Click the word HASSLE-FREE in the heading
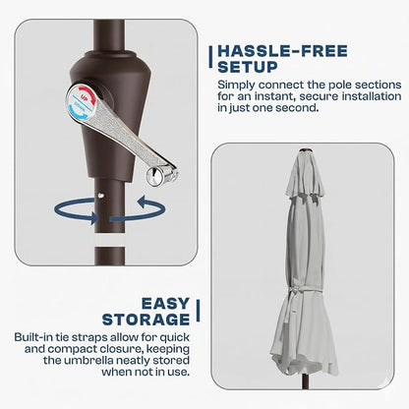point(282,51)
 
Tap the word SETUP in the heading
point(248,67)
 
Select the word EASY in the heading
point(165,304)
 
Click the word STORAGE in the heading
point(146,320)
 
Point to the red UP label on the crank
point(85,97)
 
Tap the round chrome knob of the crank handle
point(154,176)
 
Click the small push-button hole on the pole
point(100,196)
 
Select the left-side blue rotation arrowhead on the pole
point(94,218)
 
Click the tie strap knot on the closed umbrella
point(294,289)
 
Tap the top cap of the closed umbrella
point(306,150)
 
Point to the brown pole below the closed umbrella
point(305,381)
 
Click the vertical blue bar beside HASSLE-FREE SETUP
point(210,57)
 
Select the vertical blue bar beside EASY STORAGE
point(198,310)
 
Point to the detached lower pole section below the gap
point(110,256)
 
